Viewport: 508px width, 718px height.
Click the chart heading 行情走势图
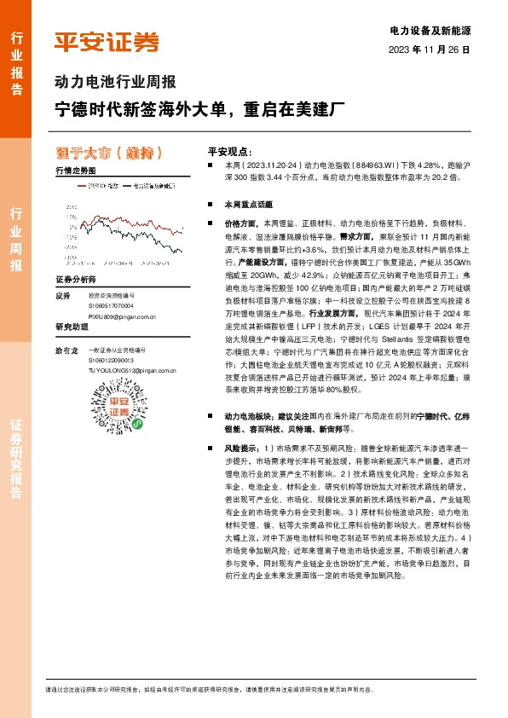click(76, 171)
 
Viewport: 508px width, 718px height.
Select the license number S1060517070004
click(112, 305)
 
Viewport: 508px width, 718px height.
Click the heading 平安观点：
click(231, 148)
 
